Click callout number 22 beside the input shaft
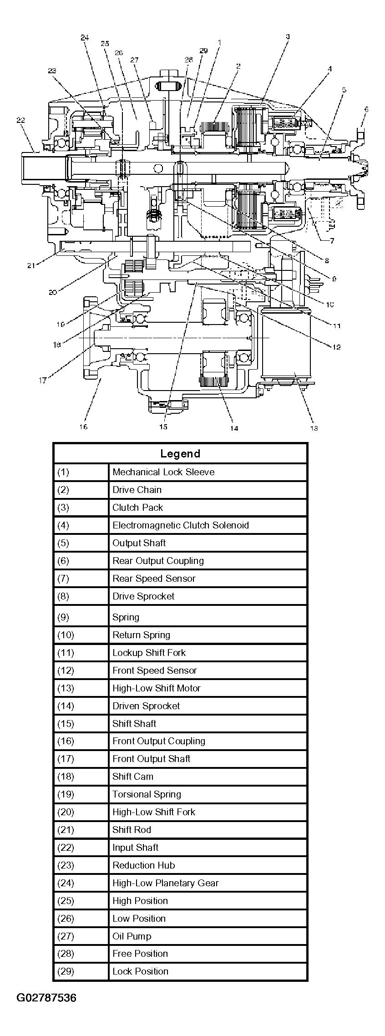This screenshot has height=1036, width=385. coord(20,120)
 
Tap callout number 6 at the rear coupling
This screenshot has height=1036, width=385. coord(366,109)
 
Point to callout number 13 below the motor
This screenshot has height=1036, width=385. coord(314,427)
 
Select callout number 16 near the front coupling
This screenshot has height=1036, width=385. coord(83,427)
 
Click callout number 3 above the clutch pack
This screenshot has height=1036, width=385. coord(288,36)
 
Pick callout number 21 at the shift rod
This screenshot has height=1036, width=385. coord(31,266)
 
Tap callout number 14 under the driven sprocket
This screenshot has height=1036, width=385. coord(233,428)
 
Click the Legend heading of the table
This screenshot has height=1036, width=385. coord(180,454)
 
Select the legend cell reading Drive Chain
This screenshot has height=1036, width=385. coord(137,490)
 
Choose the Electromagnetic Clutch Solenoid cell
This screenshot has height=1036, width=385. coord(181,525)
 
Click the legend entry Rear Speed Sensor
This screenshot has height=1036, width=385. coord(154,579)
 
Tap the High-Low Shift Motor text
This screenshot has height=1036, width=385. coord(157,688)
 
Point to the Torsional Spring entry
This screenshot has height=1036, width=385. coord(147,794)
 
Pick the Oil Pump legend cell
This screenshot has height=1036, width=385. coord(132,936)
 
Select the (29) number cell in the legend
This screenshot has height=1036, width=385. coord(66,971)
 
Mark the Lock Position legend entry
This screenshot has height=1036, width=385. coord(140,971)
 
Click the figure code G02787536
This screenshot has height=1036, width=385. coord(46,998)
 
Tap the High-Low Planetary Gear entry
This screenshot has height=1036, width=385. coord(166,883)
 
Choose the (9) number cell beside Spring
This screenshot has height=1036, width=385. coord(63,617)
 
